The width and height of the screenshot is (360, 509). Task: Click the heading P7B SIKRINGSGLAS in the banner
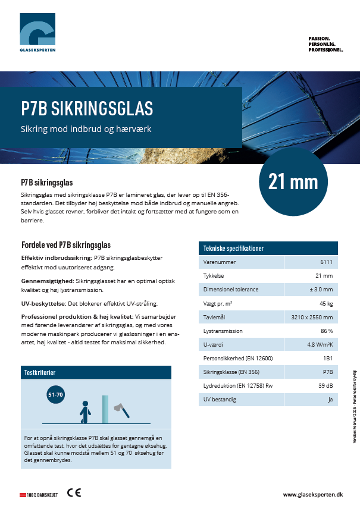point(87,108)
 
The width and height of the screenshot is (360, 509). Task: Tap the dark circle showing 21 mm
point(293,182)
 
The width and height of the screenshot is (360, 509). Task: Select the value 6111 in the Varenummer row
point(326,262)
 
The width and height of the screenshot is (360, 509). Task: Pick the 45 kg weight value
point(326,303)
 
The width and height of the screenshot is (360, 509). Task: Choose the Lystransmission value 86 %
point(326,331)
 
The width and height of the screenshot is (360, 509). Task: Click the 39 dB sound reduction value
point(325,386)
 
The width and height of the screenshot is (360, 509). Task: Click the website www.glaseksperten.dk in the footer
point(313,494)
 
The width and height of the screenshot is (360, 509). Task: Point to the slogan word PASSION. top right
point(319,38)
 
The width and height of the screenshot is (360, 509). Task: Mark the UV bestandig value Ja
point(329,400)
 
